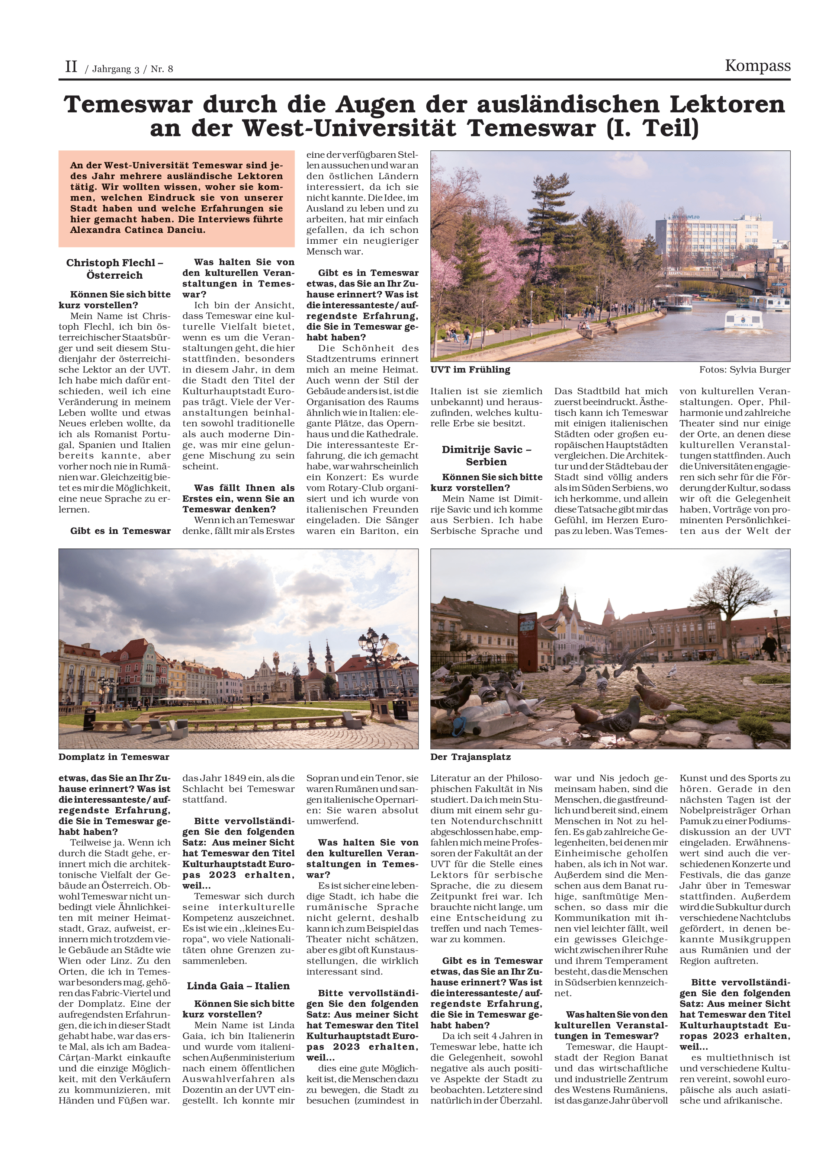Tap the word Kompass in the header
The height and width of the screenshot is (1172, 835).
point(757,66)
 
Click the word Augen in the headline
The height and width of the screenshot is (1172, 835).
point(375,105)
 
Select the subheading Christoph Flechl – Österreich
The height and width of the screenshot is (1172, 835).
point(115,269)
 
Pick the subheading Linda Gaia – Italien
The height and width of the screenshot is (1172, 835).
point(238,985)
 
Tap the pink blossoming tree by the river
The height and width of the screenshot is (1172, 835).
point(491,257)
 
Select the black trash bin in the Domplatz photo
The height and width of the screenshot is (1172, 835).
point(90,718)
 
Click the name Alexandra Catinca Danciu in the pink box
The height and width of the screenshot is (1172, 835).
point(137,230)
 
